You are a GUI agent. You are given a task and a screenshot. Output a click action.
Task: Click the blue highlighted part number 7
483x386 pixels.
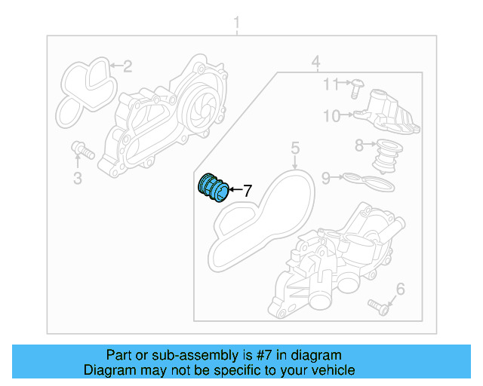point(211,188)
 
